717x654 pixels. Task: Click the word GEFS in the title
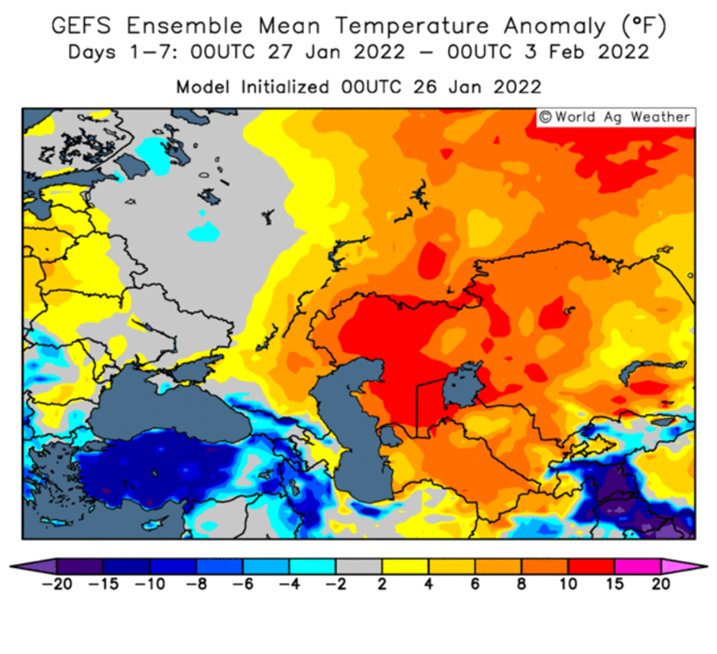[x=81, y=25]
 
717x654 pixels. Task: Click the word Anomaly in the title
[x=554, y=27]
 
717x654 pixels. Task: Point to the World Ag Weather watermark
[x=615, y=117]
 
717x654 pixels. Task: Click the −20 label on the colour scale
[x=57, y=584]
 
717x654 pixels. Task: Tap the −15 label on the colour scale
[x=103, y=584]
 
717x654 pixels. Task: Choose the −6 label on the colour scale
[x=242, y=584]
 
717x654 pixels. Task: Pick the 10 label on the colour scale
[x=568, y=584]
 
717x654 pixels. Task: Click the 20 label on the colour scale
[x=660, y=584]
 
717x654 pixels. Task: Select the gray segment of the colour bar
[x=359, y=567]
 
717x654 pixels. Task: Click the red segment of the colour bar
[x=591, y=567]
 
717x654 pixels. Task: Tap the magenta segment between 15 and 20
[x=638, y=567]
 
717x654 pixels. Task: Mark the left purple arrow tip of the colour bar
[x=10, y=567]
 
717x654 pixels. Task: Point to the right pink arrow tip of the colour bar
[x=707, y=567]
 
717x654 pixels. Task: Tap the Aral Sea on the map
[x=462, y=384]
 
